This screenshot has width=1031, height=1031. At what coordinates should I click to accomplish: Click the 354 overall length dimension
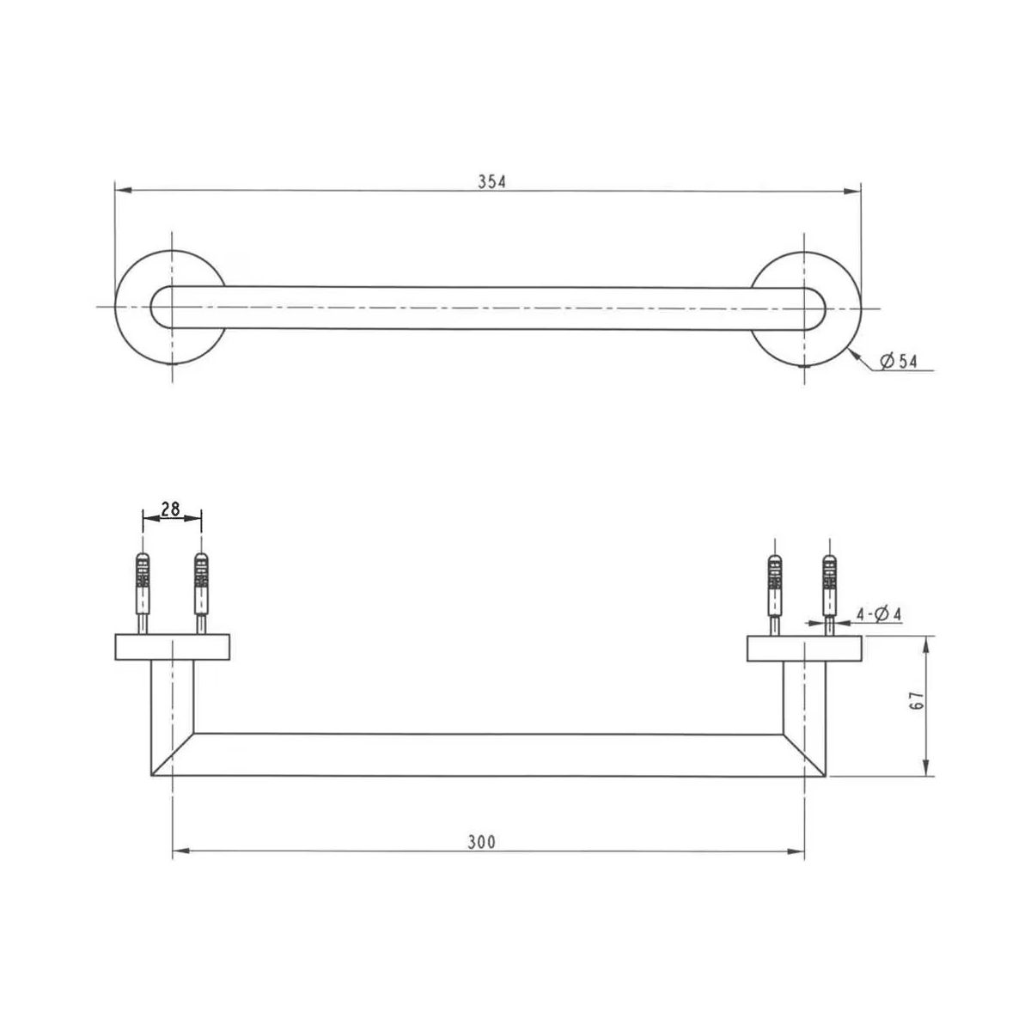click(491, 182)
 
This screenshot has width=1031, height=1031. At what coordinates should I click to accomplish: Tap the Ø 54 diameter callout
click(898, 363)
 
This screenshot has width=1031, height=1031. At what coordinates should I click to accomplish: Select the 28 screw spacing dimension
click(170, 509)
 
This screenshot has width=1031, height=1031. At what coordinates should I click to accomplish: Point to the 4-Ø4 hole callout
click(879, 614)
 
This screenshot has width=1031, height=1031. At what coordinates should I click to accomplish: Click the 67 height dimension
click(917, 701)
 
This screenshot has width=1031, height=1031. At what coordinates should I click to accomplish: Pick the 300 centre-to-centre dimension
click(481, 842)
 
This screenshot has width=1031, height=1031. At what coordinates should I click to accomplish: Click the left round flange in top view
click(170, 307)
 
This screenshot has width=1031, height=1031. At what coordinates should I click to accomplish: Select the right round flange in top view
click(806, 309)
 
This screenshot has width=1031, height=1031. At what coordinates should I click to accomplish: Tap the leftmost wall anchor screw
click(143, 594)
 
